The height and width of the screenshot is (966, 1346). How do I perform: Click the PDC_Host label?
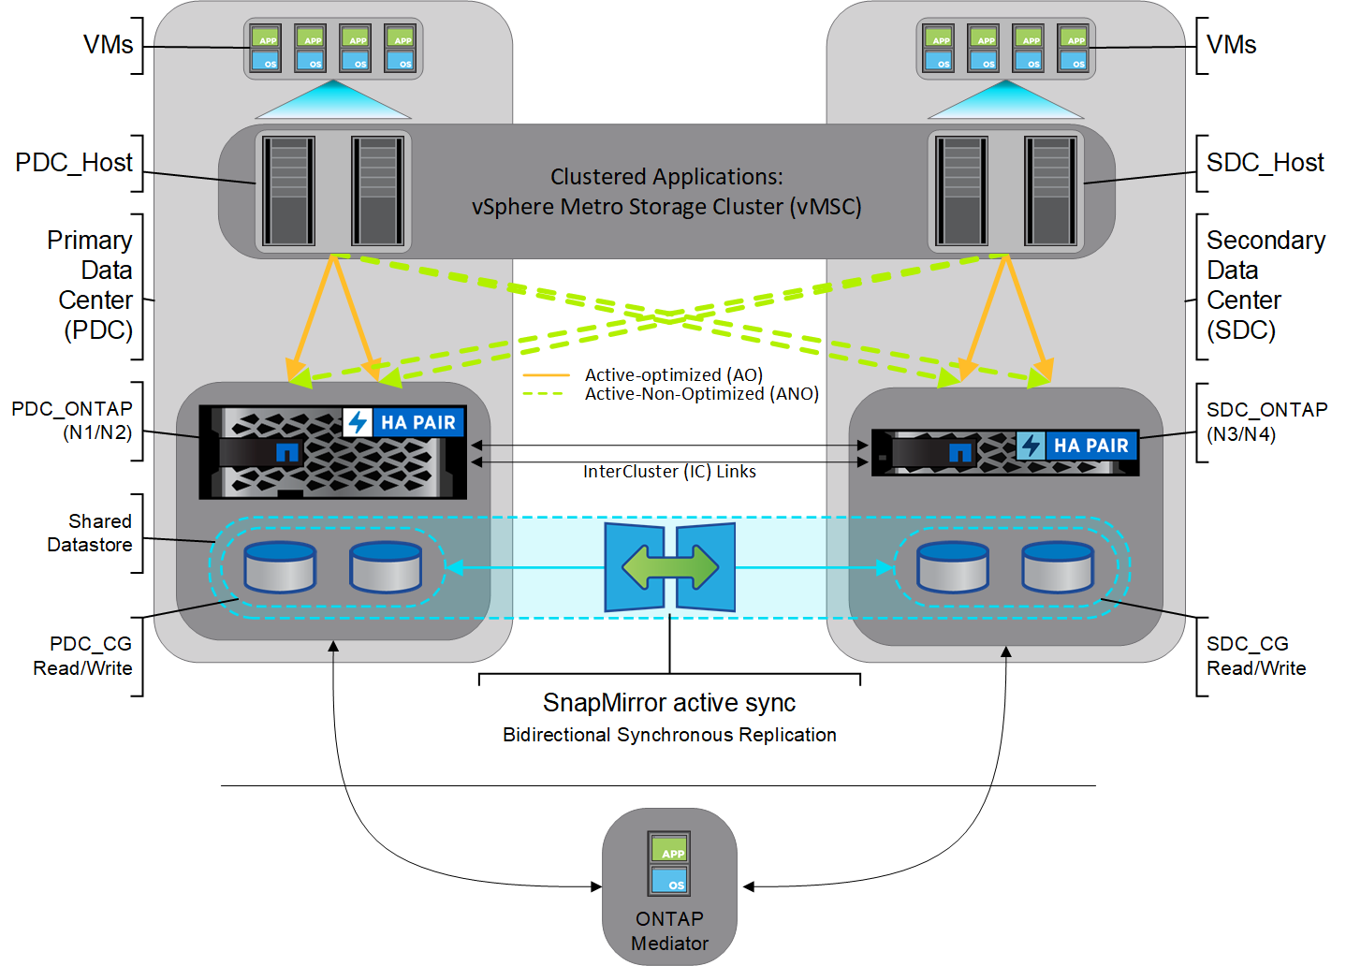pos(74,163)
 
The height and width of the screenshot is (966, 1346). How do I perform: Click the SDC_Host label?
pos(1265,163)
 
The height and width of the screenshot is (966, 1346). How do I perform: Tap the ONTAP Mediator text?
pos(669,931)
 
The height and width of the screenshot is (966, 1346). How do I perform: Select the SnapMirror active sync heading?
pos(669,703)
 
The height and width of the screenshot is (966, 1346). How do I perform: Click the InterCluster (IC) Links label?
pos(669,472)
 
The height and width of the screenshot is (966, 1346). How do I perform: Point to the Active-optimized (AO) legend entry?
pos(673,374)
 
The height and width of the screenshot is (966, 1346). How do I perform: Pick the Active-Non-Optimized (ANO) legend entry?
pos(701,394)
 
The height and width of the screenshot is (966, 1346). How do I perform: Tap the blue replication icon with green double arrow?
pos(670,567)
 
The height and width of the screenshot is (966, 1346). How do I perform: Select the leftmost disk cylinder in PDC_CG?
pos(280,567)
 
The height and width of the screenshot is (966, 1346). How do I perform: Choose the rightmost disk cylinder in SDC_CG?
pos(1058,567)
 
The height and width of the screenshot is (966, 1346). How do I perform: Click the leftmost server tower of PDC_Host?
pos(288,191)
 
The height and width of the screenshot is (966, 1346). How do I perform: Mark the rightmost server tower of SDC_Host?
pos(1050,191)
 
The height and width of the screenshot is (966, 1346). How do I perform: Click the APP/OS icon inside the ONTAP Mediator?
pos(669,863)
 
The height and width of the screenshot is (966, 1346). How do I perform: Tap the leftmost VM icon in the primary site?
pos(266,49)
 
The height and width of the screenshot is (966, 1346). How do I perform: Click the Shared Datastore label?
pos(90,533)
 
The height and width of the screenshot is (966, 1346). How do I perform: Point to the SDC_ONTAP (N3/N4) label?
pos(1266,421)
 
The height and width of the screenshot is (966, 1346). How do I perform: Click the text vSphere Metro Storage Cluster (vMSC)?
pos(666,207)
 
